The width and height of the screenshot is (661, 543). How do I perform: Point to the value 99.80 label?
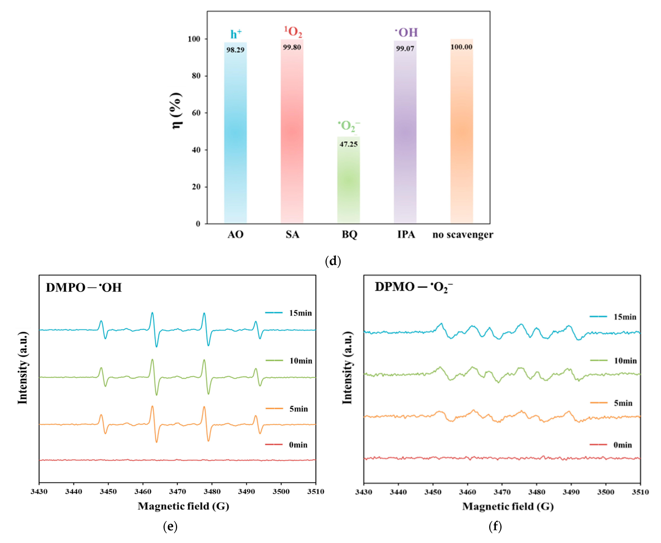pos(292,47)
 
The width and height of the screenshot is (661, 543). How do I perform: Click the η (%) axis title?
pos(177,111)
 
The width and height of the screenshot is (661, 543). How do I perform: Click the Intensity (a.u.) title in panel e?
pos(23,368)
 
